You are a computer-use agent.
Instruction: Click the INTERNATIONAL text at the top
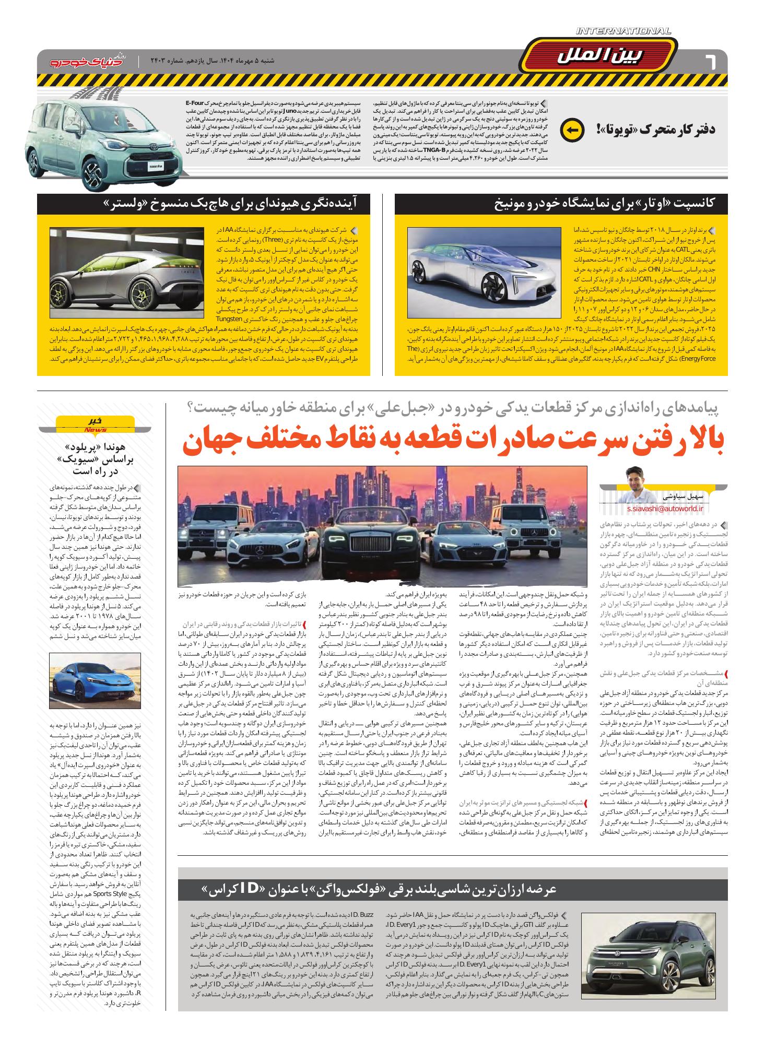point(623,32)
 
